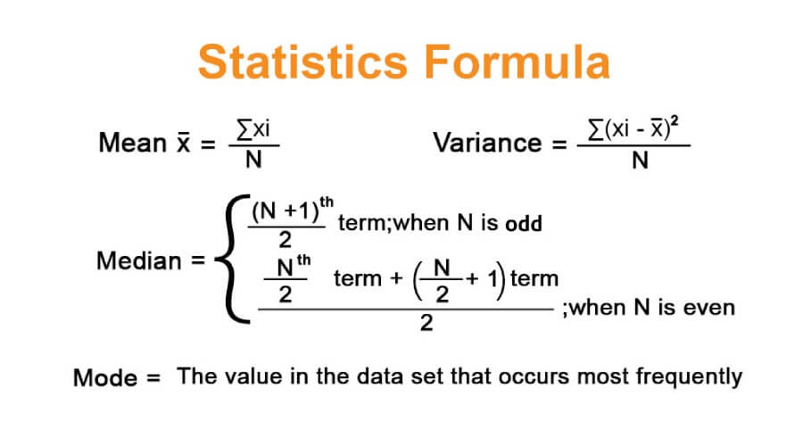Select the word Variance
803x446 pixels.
[487, 143]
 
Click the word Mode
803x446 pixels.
[103, 377]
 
